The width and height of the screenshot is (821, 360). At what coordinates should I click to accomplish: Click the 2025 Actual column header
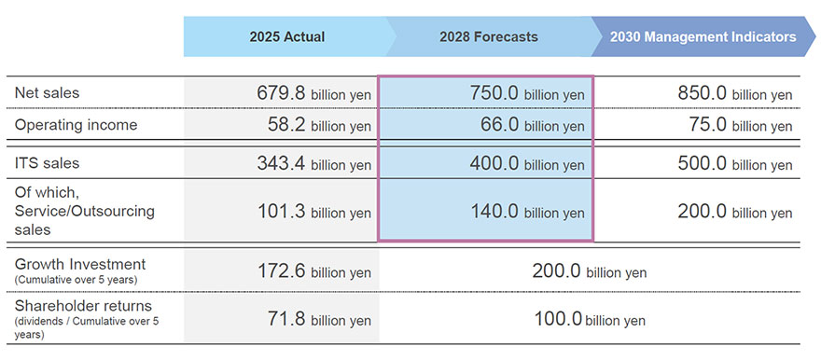point(286,37)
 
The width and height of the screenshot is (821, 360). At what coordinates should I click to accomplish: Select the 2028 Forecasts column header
point(488,37)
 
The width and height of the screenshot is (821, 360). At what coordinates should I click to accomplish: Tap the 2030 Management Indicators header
point(703,37)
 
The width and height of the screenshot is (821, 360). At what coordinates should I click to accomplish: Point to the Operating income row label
point(76,125)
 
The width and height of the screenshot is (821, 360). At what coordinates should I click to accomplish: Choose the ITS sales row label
point(48,163)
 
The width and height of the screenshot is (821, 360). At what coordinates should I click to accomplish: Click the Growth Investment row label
point(80,265)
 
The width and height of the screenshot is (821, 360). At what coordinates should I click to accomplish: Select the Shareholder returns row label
point(83,306)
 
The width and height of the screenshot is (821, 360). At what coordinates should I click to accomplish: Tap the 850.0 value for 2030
point(703,93)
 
